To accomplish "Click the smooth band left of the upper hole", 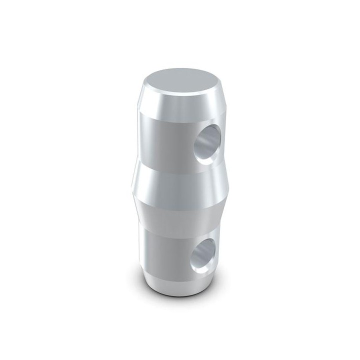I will click(160, 137).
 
